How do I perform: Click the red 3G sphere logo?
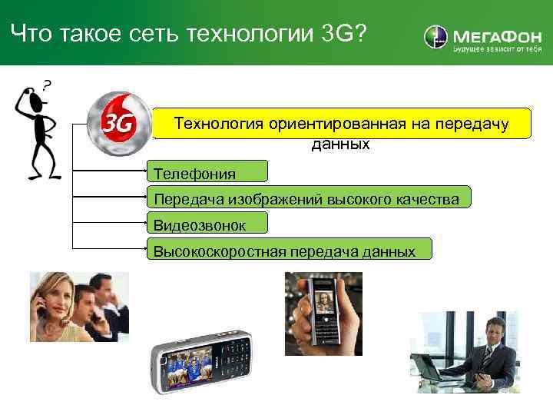coord(114,121)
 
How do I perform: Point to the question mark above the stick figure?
coord(48,85)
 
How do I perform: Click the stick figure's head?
coord(32,99)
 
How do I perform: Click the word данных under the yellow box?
coord(340,144)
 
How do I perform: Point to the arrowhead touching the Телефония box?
coord(147,163)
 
